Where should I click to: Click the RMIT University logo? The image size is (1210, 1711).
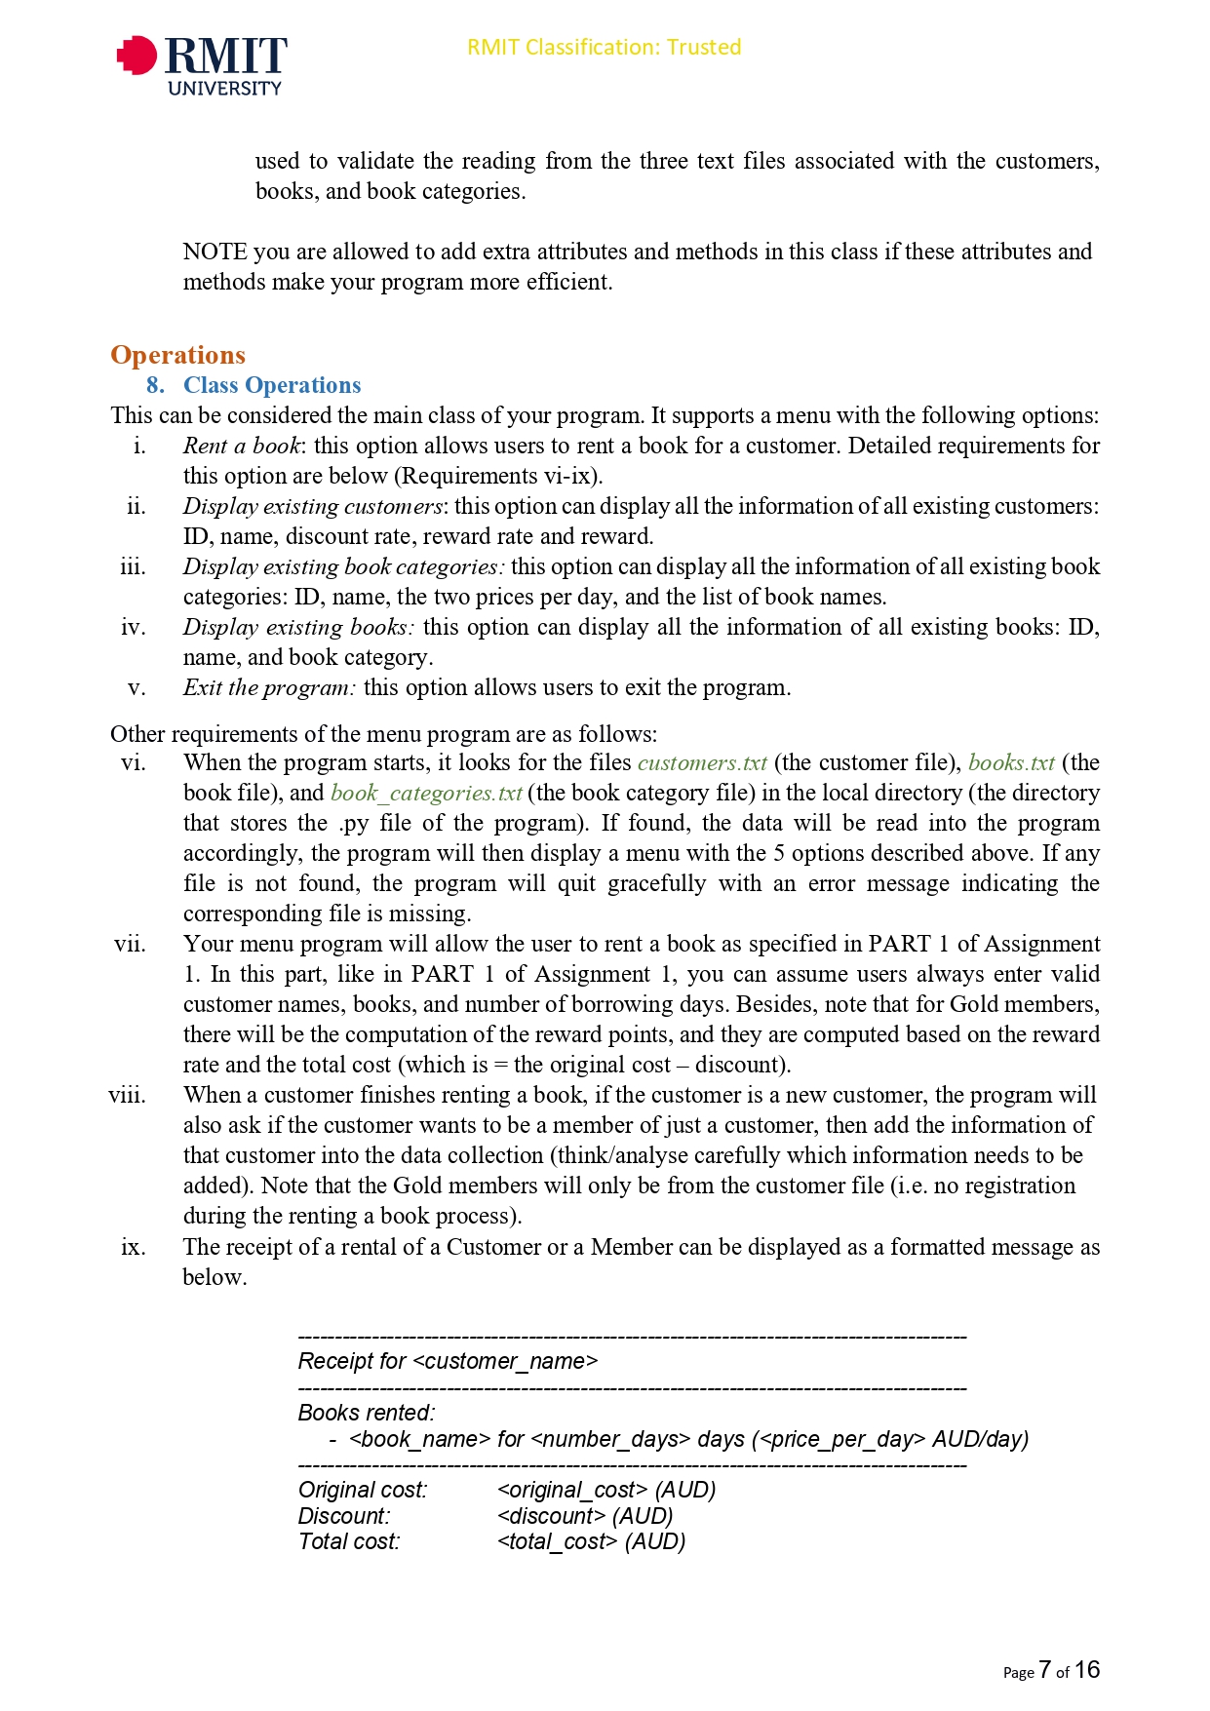(202, 64)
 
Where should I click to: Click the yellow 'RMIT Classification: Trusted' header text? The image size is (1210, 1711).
(604, 47)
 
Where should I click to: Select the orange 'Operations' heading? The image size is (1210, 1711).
(177, 355)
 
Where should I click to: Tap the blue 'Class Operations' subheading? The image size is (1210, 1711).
(272, 385)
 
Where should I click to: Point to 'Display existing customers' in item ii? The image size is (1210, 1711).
(312, 506)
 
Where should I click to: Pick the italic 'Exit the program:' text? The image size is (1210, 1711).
(269, 687)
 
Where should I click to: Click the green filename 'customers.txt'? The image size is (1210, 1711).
(702, 762)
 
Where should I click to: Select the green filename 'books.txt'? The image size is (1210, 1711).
(1011, 762)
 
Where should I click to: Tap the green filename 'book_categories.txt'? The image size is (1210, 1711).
(426, 793)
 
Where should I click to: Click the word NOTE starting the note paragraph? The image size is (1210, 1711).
(215, 252)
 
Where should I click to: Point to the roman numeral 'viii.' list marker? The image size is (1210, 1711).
(128, 1095)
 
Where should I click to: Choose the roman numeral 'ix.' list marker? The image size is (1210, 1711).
(134, 1247)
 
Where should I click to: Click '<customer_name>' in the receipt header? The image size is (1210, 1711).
(505, 1361)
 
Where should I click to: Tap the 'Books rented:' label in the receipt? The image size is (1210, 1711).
(367, 1413)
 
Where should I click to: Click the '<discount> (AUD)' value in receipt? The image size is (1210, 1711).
(585, 1516)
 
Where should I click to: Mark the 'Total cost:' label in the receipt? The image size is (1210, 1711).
(349, 1541)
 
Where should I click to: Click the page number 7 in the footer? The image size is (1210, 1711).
(1044, 1670)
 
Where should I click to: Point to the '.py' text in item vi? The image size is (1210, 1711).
(354, 823)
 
